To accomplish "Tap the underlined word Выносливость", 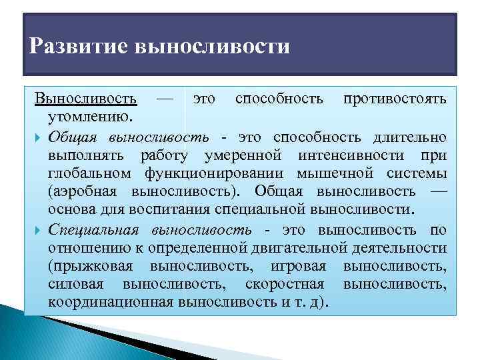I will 86,99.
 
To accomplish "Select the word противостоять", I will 395,99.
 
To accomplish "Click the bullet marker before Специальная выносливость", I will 39,230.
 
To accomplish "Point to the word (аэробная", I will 83,193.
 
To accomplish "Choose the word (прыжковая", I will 90,267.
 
